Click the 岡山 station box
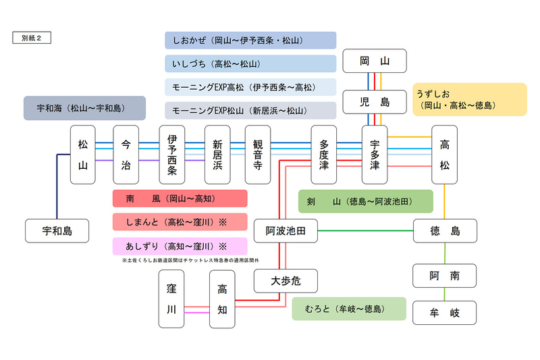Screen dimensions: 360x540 (375, 61)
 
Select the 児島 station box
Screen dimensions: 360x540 (375, 102)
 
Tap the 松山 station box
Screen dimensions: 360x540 (83, 155)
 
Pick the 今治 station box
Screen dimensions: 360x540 (126, 155)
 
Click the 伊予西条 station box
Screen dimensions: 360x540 (171, 155)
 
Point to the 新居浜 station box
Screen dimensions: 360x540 (217, 155)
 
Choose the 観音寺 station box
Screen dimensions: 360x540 (257, 155)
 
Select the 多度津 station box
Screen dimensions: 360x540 (323, 155)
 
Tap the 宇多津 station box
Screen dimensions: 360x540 (375, 155)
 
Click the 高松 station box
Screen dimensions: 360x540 (444, 155)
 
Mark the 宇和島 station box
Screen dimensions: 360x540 (57, 231)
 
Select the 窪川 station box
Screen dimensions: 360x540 (171, 299)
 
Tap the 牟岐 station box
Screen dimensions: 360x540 (444, 313)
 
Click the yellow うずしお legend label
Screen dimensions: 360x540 (469, 99)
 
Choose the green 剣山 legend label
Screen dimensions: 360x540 (365, 201)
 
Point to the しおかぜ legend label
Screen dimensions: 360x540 (250, 41)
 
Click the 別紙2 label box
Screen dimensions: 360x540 (31, 38)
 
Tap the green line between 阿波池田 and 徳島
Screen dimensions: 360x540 (364, 231)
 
